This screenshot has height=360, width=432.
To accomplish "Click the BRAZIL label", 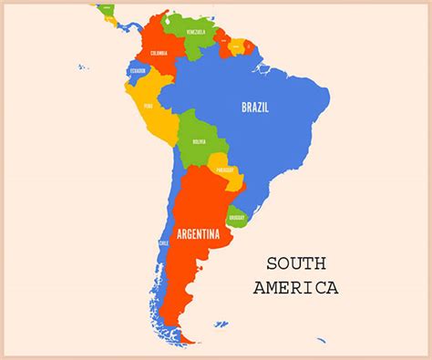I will coord(254,107).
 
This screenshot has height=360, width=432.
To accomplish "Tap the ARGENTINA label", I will coord(199,234).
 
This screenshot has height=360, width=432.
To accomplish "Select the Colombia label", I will coord(159,53).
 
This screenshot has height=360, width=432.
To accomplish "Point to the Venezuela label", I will coord(197,33).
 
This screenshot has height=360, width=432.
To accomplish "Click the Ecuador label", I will coord(138,71).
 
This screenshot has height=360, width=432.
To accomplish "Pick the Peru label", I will coord(149,106).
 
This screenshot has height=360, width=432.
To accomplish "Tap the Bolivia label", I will coord(199,142).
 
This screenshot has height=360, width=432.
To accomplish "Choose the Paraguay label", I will coord(225,170).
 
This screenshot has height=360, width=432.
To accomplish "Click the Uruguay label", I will coord(237,217).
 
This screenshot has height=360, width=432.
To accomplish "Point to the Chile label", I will coord(164,243).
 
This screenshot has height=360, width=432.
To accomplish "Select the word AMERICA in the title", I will coord(296,288).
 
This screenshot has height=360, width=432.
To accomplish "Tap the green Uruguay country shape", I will coord(236,215).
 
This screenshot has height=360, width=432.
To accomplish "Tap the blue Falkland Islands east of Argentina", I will coord(221,324).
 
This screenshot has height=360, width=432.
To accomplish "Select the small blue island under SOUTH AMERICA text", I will coord(321,340).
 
